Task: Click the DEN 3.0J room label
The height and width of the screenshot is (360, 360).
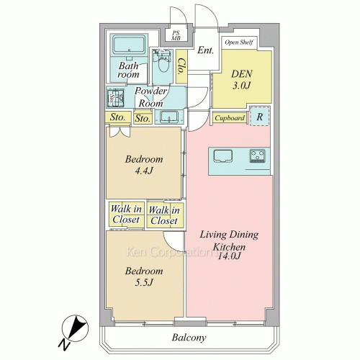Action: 241,80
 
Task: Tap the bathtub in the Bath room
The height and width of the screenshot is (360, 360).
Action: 129,45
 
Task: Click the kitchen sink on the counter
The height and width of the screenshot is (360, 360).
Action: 223,156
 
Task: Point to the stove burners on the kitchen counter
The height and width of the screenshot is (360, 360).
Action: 257,156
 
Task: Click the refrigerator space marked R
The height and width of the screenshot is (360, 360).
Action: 259,116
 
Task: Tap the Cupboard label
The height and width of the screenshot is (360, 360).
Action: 230,118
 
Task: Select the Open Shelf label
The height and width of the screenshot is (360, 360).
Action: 239,42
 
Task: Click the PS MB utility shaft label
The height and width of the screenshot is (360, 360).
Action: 176,36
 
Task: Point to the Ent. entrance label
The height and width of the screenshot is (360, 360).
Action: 205,50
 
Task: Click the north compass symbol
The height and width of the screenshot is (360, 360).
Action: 74,330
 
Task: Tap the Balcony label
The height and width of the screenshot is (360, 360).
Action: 189,338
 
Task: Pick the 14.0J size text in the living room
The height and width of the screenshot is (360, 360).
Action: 229,256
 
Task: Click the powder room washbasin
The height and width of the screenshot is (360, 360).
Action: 169,117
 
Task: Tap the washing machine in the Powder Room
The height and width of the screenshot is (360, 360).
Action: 115,98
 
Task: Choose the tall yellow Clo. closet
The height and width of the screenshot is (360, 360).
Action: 181,66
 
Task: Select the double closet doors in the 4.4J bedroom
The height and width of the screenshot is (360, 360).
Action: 120,132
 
